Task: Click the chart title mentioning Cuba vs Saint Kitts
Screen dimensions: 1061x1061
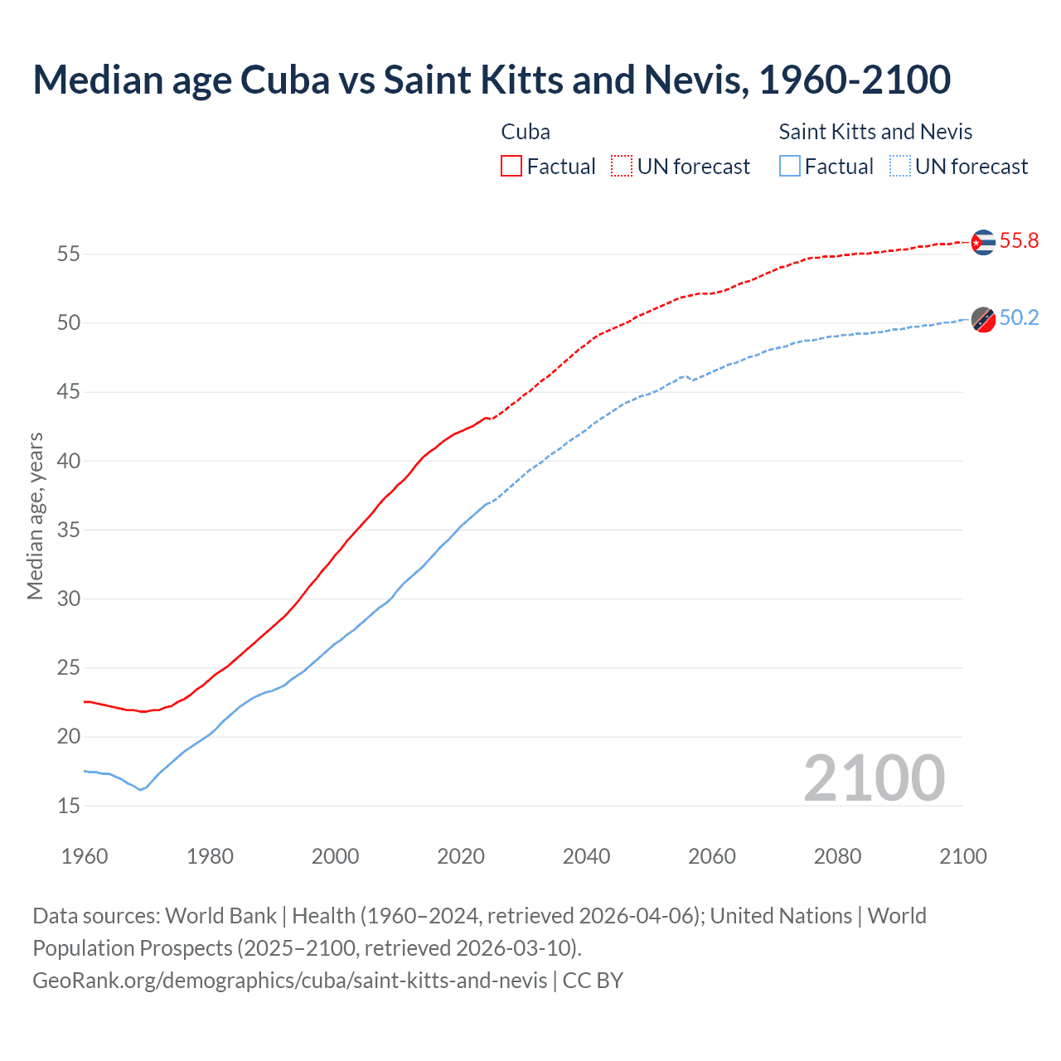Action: pos(492,80)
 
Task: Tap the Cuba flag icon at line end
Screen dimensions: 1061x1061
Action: pos(983,242)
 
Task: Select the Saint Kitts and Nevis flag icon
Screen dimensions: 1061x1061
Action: pos(983,318)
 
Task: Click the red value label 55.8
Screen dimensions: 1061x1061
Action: pos(1019,241)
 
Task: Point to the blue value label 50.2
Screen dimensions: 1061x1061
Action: pos(1019,318)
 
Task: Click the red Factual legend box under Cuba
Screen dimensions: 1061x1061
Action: pos(511,167)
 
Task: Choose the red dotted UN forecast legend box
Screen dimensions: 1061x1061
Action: pos(622,167)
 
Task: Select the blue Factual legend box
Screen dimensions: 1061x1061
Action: pos(790,167)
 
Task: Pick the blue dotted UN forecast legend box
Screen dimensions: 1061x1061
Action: pos(900,167)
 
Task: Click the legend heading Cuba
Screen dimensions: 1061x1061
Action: pos(526,132)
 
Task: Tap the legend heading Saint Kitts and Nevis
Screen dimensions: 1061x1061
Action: pos(875,132)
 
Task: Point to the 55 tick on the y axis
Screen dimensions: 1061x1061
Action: pos(69,254)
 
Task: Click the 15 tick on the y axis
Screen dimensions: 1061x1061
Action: pos(69,806)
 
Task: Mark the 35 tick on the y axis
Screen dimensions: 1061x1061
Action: pos(69,530)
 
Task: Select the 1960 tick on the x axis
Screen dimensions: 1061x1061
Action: pos(85,856)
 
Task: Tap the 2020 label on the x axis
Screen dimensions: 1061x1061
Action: pos(461,856)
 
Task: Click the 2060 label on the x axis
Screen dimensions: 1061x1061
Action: pos(712,856)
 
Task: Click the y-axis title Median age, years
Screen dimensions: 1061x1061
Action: pos(35,516)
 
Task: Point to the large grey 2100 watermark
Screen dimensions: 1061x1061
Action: pos(874,778)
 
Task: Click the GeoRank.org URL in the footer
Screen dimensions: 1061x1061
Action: pos(290,981)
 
